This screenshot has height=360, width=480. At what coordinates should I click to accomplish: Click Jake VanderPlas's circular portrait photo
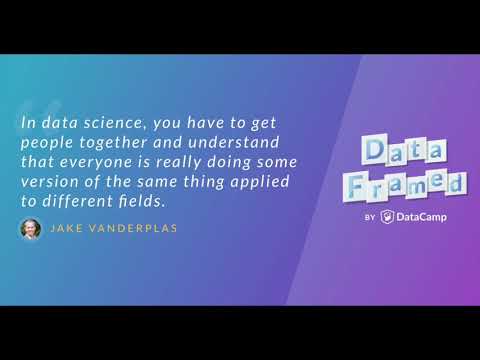point(32,228)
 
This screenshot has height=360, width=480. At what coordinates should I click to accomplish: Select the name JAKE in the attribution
point(66,229)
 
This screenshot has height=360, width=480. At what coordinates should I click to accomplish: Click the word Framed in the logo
point(413,184)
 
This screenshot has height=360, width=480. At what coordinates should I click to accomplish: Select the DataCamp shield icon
point(387,215)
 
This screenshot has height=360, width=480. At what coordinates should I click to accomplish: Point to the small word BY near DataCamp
point(369,216)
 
